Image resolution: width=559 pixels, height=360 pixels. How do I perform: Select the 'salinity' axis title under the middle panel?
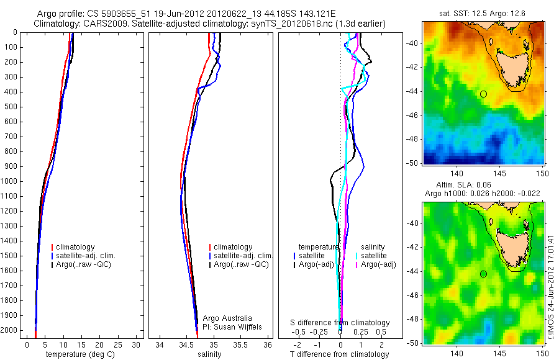(209, 354)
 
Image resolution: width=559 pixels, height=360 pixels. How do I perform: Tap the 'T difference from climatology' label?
(339, 354)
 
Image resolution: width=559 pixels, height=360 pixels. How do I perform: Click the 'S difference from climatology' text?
(340, 323)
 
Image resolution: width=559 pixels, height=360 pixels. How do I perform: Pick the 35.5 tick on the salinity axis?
(241, 344)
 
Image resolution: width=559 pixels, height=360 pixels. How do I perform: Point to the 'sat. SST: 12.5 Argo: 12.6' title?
(483, 12)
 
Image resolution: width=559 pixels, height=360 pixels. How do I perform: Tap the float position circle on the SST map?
(483, 94)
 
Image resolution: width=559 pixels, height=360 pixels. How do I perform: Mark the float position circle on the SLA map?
(483, 274)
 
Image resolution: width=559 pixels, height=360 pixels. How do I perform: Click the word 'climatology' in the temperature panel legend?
(78, 247)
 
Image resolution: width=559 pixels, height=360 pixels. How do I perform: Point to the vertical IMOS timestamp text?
(550, 286)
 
